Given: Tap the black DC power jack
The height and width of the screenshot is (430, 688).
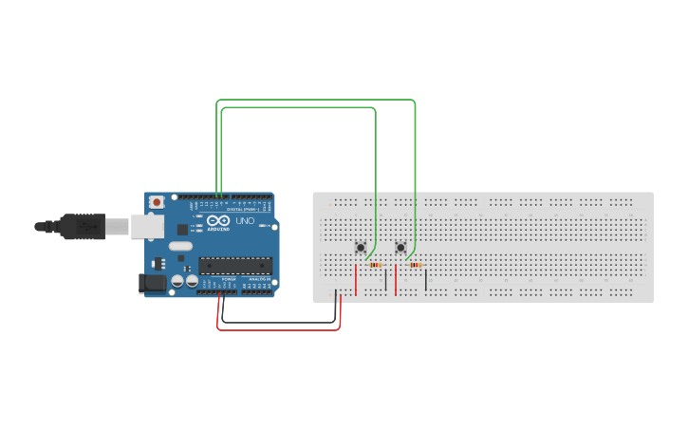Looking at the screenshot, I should (151, 282).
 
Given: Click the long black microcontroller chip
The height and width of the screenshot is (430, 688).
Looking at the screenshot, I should (235, 266).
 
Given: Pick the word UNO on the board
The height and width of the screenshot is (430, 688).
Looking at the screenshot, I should (245, 221).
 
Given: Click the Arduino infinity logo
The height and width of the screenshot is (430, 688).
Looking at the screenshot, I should (217, 220).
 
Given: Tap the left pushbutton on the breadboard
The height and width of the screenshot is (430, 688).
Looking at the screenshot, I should (361, 249).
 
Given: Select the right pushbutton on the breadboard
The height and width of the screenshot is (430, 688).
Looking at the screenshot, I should (400, 249).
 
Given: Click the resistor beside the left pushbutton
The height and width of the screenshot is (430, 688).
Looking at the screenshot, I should (376, 265).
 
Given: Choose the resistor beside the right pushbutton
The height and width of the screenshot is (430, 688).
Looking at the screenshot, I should (416, 265).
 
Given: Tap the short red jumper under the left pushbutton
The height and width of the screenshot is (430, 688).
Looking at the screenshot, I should (356, 281).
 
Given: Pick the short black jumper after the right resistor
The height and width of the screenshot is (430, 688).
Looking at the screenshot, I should (426, 279).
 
